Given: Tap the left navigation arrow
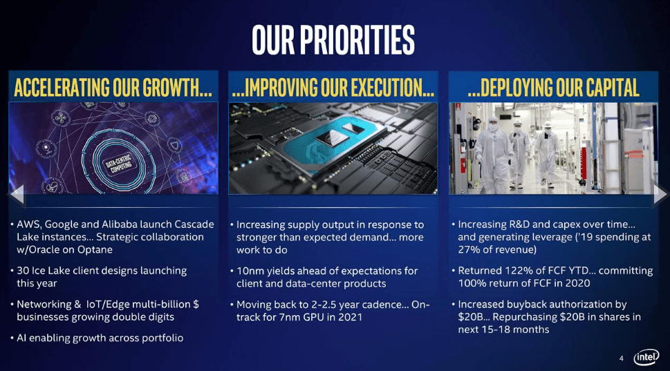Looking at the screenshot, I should pos(16,196).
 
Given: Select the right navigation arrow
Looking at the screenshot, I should pos(660,196).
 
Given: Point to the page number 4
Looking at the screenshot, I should pos(621,358).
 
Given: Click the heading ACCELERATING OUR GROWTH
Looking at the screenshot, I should pos(113,88).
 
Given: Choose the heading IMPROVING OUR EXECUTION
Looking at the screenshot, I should pos(333,88).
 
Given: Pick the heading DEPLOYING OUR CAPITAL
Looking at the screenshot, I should pos(553,88).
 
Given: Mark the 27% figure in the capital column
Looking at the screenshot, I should pos(470,249).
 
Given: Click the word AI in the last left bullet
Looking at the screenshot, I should pos(23,338).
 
